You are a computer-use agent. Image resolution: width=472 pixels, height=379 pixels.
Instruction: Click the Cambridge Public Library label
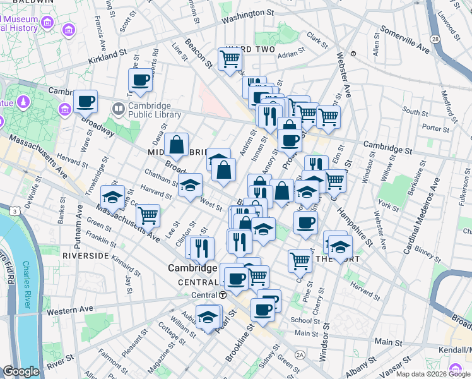pos(155,110)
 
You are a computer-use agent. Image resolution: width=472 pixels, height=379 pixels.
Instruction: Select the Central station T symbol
pos(223,295)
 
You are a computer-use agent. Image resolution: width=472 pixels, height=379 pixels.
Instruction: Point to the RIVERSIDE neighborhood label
pos(86,255)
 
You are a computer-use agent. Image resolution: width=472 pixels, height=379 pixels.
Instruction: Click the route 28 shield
pos(435,39)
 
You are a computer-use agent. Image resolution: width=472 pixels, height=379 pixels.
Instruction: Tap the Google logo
pos(21,371)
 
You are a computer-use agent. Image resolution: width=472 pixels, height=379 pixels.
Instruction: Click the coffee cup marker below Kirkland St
pos(140,80)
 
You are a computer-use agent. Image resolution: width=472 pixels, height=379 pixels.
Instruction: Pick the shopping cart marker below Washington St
pos(230,59)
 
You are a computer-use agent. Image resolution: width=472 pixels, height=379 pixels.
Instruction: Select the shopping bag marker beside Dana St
pos(177,145)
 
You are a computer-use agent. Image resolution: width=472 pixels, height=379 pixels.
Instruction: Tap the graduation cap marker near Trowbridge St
pos(112,198)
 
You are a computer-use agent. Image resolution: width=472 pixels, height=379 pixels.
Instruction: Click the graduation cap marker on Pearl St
pos(207,318)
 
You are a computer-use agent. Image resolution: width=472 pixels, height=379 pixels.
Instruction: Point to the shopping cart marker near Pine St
pos(300,260)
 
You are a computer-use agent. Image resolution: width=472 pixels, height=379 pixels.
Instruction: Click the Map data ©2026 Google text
pos(432,374)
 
